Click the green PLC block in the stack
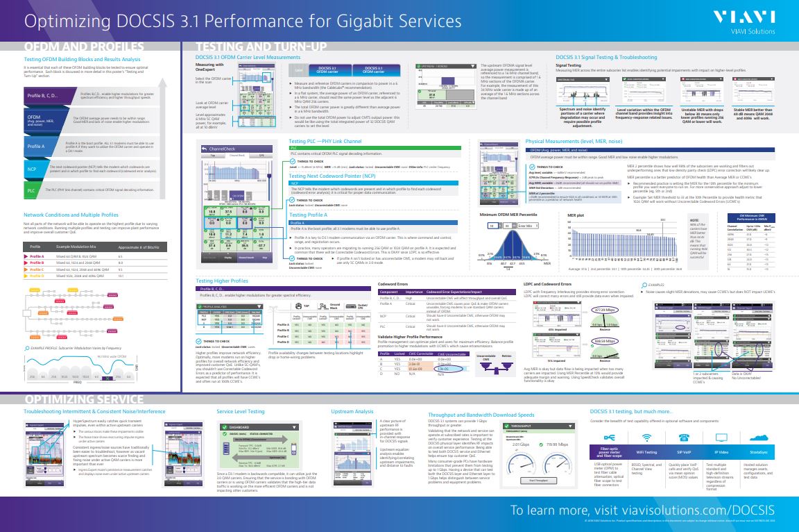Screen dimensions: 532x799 pyautogui.click(x=31, y=189)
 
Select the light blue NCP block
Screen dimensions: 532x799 pyautogui.click(x=32, y=169)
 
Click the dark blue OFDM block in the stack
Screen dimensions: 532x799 pyautogui.click(x=38, y=119)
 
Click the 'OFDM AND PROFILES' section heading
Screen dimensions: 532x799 pyautogui.click(x=83, y=47)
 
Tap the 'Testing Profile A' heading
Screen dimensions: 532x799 pyautogui.click(x=309, y=215)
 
